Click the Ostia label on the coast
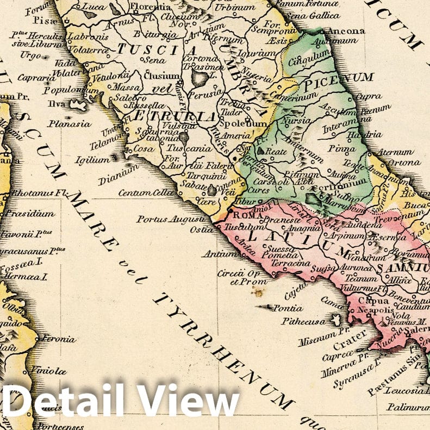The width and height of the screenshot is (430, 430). [x=202, y=230]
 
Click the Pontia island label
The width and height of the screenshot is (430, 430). [x=288, y=308]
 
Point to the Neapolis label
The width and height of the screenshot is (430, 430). [x=372, y=310]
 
